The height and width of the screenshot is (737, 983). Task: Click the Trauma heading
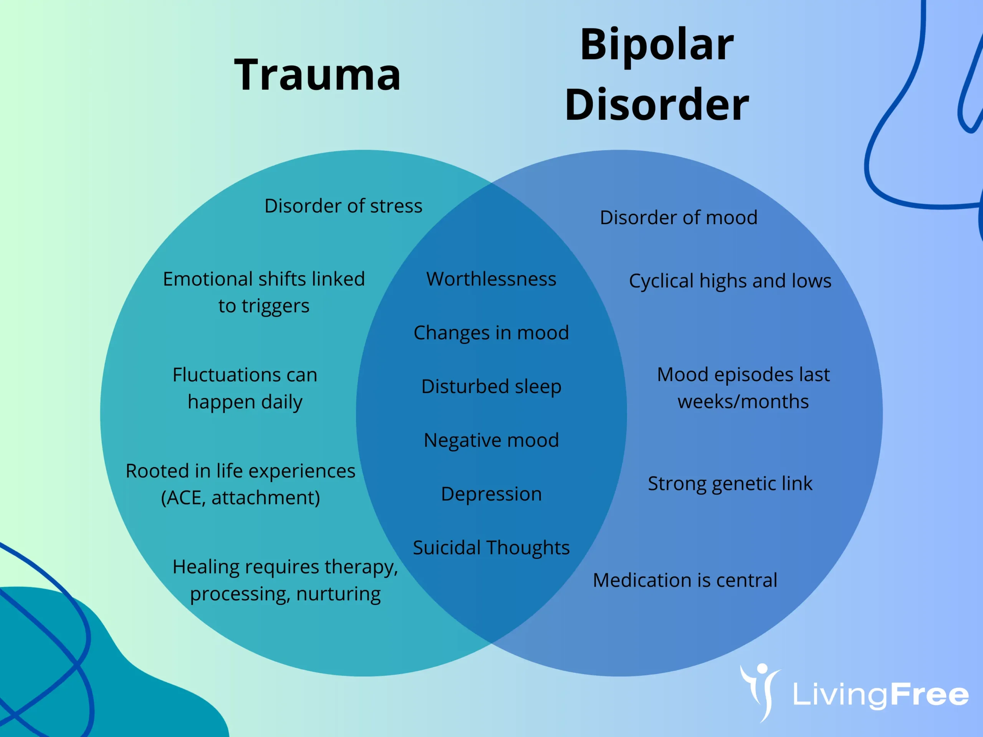click(x=317, y=74)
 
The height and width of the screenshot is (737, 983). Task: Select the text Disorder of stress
click(x=343, y=206)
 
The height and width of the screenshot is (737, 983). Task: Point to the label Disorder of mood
click(x=678, y=218)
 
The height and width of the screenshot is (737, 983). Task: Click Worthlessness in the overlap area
click(x=491, y=279)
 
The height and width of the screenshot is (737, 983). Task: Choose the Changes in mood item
click(x=491, y=333)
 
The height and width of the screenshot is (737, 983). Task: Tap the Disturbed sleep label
click(x=491, y=387)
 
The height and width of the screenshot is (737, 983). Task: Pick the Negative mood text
click(x=491, y=440)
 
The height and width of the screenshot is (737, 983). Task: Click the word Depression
click(x=491, y=494)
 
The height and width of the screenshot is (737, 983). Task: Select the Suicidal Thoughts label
click(x=491, y=548)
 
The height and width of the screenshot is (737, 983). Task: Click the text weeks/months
click(x=743, y=402)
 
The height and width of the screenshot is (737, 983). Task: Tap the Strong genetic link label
click(x=730, y=484)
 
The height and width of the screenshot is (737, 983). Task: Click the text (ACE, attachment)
click(x=240, y=497)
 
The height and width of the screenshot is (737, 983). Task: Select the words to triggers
click(x=263, y=306)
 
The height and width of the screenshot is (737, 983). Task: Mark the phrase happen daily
click(x=245, y=402)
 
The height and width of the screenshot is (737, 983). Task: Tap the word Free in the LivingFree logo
click(x=929, y=695)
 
